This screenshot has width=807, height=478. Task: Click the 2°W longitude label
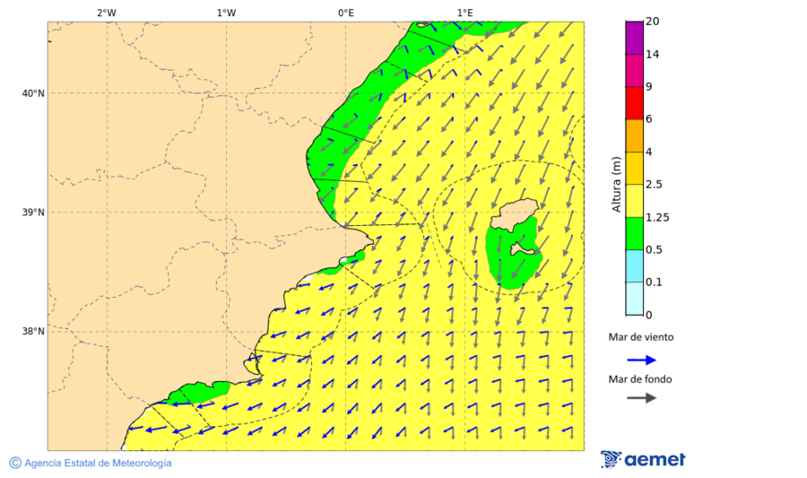(106, 13)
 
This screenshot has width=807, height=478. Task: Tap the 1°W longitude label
(226, 13)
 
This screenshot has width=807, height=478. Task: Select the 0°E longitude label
(345, 13)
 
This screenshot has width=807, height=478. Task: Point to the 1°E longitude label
(464, 13)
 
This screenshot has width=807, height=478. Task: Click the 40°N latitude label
(33, 93)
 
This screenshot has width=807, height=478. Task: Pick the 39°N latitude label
(33, 213)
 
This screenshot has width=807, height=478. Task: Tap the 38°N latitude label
(33, 332)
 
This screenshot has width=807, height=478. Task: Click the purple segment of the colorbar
(634, 38)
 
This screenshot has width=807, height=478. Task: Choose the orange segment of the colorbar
(634, 135)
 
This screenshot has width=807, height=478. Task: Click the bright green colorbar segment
(634, 233)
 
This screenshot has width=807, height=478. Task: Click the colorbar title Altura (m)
(616, 185)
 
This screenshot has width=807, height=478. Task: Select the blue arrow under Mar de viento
(641, 360)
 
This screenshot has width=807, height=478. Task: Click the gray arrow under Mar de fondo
(641, 397)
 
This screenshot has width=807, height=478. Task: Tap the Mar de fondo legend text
(639, 379)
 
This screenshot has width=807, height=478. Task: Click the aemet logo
(643, 459)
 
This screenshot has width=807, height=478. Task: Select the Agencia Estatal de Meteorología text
(97, 463)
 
